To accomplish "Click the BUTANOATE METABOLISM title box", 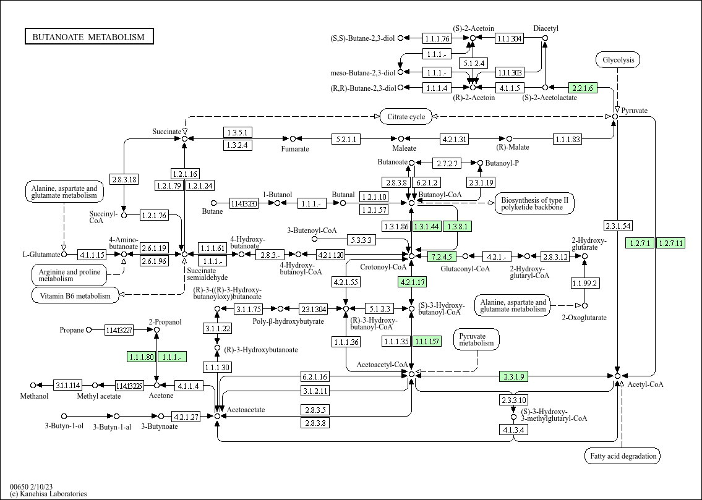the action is click(89, 36).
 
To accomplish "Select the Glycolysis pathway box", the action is click(618, 60).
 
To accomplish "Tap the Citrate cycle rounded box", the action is click(406, 117).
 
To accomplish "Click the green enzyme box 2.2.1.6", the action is click(583, 88).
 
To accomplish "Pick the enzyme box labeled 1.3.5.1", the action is click(238, 132).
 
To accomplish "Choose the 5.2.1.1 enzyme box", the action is click(346, 139).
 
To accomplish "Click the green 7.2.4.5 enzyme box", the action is click(442, 256).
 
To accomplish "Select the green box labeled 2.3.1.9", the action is click(513, 376).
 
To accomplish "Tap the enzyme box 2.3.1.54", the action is click(618, 226).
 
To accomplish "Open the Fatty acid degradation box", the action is click(623, 456).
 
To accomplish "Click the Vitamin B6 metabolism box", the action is click(75, 295).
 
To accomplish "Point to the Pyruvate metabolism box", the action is click(476, 340).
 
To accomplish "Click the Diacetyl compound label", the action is click(546, 28).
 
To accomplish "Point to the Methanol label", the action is click(34, 396).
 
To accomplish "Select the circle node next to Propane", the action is click(88, 330).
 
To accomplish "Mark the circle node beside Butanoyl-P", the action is click(481, 163).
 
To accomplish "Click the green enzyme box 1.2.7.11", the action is click(670, 244).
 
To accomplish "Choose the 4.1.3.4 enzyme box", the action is click(513, 430).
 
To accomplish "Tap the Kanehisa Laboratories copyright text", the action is click(48, 494).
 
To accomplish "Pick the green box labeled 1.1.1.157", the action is click(427, 342).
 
